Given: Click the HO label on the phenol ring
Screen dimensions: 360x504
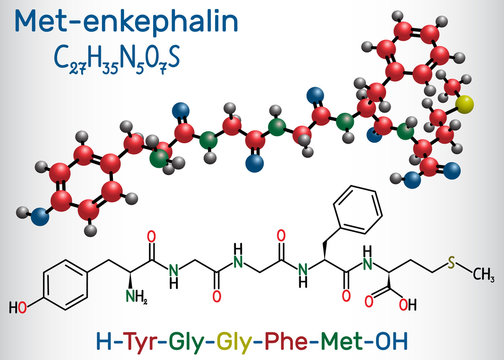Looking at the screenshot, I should [16, 300].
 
